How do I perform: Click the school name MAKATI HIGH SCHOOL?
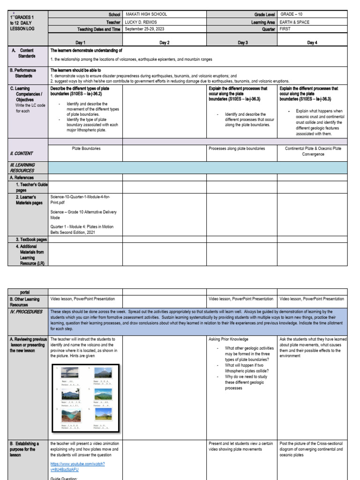pos(146,15)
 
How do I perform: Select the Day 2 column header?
pos(165,43)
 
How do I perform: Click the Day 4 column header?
pos(312,43)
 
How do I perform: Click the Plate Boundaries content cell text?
pos(86,149)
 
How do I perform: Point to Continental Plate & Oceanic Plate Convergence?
pos(313,151)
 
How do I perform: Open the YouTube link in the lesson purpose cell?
pos(77,466)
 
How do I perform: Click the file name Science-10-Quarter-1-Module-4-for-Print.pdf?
pos(80,200)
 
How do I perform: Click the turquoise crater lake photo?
pos(71,416)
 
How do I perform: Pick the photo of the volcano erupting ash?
pos(71,373)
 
